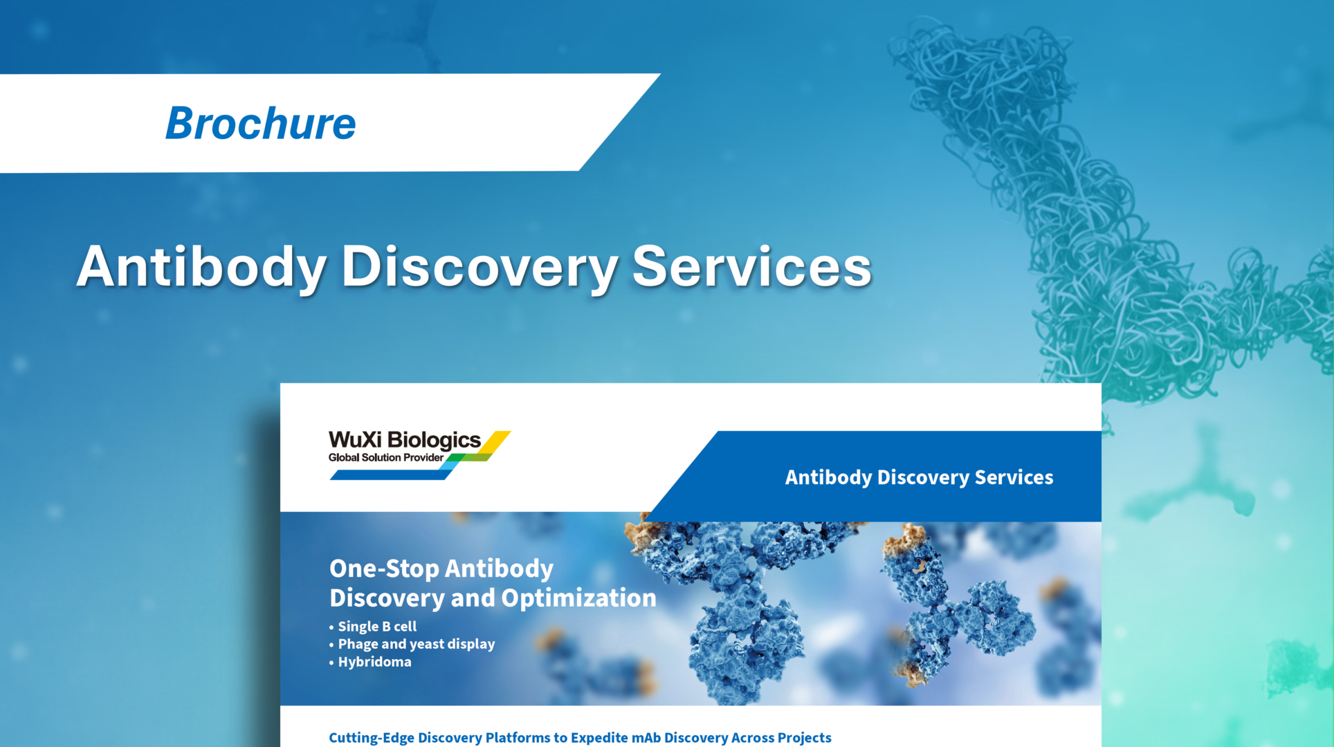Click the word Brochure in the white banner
(260, 124)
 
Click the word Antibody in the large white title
(201, 267)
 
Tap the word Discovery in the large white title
(479, 267)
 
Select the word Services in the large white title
(751, 267)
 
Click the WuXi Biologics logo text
(404, 440)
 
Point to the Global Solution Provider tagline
(385, 458)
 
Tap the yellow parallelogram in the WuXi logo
(495, 442)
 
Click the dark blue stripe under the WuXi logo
(387, 475)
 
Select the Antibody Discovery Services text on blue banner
(918, 477)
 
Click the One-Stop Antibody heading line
(441, 569)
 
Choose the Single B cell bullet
(377, 627)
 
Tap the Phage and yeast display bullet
(416, 644)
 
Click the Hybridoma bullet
(374, 662)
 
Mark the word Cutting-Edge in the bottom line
(371, 737)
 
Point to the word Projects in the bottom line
(804, 737)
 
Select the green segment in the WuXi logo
(470, 457)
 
